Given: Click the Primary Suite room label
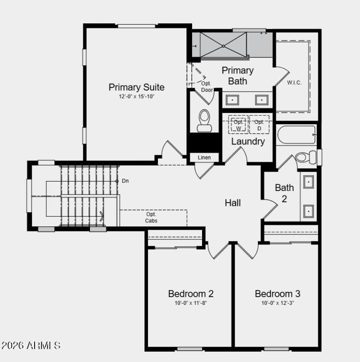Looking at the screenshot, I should pos(136,87).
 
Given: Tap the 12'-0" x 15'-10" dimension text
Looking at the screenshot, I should pos(136,97).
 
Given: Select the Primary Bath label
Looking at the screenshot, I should pos(238,76).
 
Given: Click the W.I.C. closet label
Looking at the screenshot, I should pos(294,83).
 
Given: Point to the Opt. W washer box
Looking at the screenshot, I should pos(238,125).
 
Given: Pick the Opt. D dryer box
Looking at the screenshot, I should pos(259,125).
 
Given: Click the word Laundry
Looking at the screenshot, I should pos(248,141).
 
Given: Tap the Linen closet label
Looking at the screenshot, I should pos(204,158).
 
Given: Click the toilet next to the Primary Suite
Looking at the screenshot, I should pos(205,120).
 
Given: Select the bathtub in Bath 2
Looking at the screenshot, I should pos(297,135).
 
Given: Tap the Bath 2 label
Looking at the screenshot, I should pos(284,193).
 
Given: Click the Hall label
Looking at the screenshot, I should pos(233,203).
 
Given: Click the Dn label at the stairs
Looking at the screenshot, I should pos(126,181).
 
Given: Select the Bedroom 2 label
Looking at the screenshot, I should pos(191,294).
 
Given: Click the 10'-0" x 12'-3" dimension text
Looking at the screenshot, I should pos(277,303).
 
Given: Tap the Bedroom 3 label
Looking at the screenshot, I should pos(277,294).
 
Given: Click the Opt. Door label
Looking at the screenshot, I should pos(207,86).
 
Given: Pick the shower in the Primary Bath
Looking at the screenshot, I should pos(224,45).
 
